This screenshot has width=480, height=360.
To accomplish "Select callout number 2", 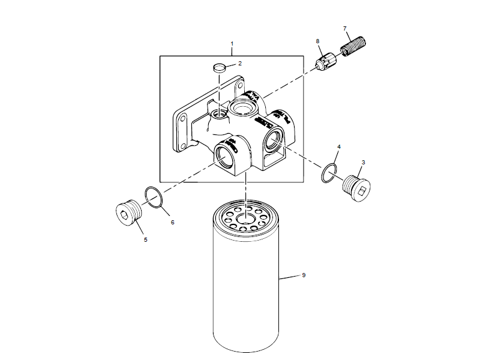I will click(239, 63).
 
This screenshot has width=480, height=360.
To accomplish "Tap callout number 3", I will click(363, 162).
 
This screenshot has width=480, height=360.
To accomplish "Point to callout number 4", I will click(339, 146).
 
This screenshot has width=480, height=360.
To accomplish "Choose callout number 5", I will click(145, 240).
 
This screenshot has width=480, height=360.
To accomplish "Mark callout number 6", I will click(172, 222).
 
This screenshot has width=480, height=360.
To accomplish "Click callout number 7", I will click(345, 29).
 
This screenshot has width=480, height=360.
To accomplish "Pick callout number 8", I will click(318, 41).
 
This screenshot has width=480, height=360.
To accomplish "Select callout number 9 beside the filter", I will click(304, 275).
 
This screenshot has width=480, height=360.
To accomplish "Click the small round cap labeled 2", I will click(220, 67).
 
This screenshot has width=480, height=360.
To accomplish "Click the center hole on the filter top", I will click(246, 218).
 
